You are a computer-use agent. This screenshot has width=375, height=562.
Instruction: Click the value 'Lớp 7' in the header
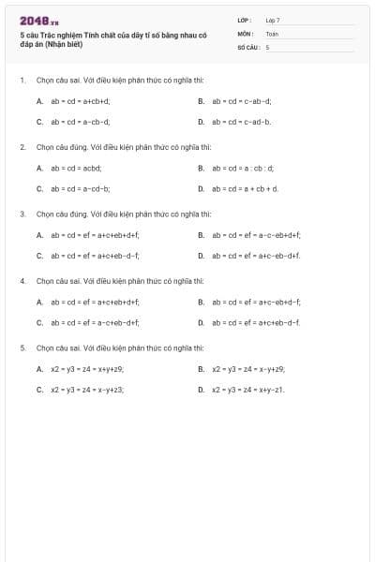[x=273, y=20]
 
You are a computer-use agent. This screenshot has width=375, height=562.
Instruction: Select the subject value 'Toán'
[x=273, y=33]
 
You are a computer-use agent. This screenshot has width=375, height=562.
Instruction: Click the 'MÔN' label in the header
[x=246, y=33]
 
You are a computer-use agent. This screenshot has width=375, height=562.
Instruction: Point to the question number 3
[x=22, y=214]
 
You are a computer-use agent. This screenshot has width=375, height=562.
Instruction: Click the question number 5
[x=22, y=348]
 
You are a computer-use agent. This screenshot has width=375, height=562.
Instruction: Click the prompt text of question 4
[x=120, y=281]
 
